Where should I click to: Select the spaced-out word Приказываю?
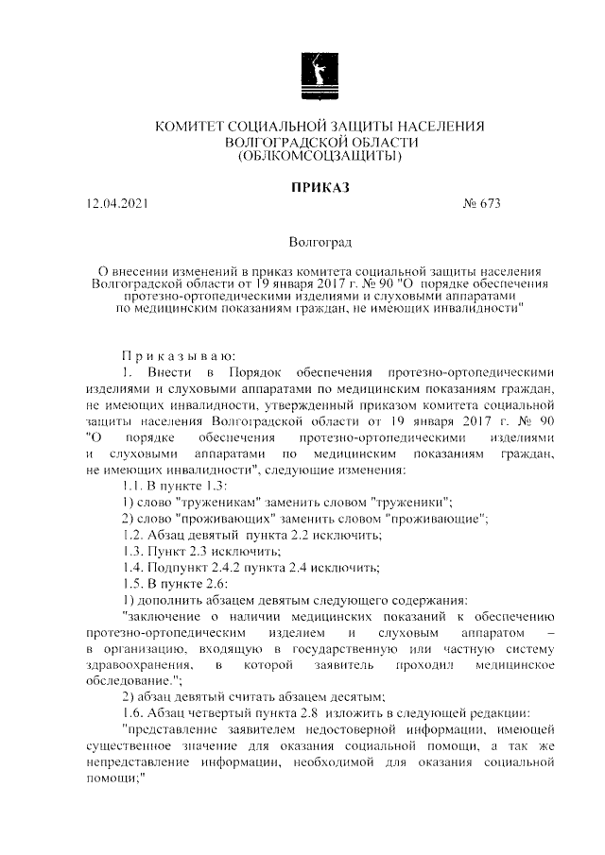click(x=170, y=354)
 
